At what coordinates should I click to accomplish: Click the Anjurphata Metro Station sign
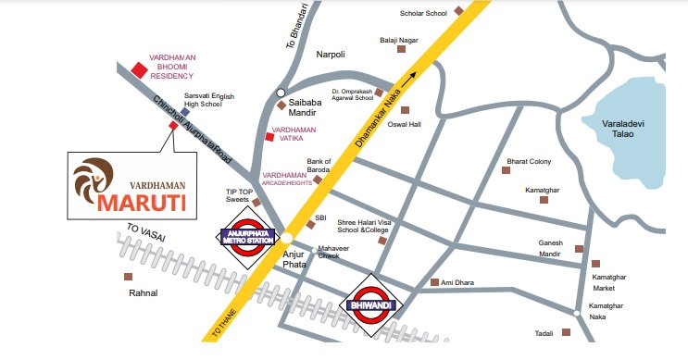point(247,236)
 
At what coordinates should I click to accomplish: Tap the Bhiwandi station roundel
point(371,300)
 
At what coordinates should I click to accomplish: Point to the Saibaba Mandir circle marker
point(280,93)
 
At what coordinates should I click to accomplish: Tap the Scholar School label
point(423,14)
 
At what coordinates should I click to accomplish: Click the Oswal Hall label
point(403,124)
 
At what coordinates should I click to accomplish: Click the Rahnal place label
point(144,292)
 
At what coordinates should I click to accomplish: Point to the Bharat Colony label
point(529,162)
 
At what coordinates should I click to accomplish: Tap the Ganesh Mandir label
point(551,247)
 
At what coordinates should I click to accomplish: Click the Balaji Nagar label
point(399,40)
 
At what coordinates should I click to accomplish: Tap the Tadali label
point(544,332)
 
